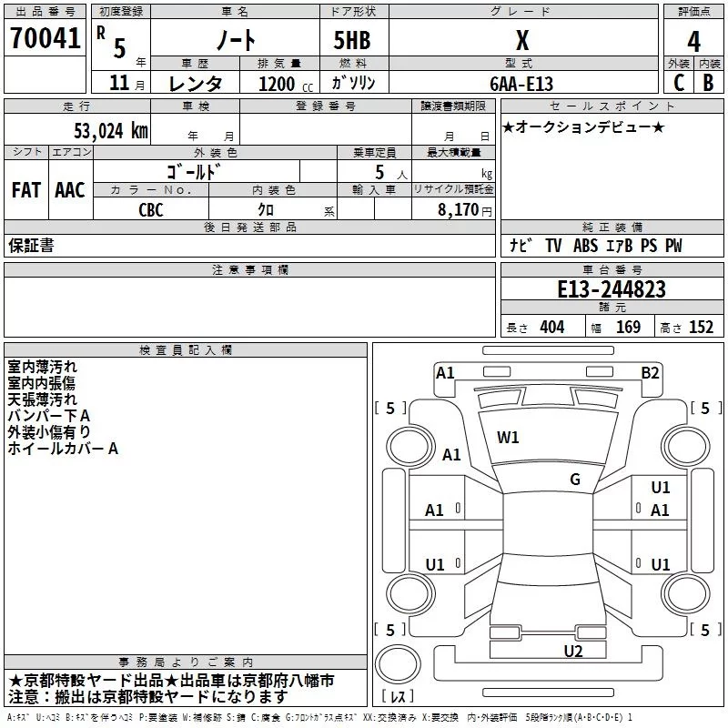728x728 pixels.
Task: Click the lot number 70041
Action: (x=45, y=37)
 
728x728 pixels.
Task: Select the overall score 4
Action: (x=693, y=42)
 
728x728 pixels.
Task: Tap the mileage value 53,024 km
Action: (x=111, y=131)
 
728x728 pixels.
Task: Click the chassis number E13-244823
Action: (x=612, y=289)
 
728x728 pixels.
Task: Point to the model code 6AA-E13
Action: (x=521, y=84)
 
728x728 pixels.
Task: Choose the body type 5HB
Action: (x=352, y=40)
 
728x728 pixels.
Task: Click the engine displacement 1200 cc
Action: (x=286, y=84)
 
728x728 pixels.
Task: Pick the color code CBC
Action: (x=151, y=210)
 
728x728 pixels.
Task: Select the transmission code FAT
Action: (x=26, y=190)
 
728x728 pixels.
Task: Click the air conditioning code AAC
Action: (x=70, y=190)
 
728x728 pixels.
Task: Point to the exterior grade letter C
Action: (x=679, y=83)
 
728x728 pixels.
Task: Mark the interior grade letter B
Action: (x=708, y=83)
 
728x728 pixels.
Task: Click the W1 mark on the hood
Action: (x=508, y=438)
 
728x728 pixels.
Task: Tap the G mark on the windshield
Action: (x=575, y=479)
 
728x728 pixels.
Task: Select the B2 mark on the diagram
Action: (x=650, y=373)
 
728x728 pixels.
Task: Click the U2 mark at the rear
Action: (x=573, y=651)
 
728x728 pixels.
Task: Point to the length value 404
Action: (x=552, y=328)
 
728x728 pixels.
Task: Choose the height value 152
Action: (x=701, y=328)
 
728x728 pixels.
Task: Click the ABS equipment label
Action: (x=585, y=245)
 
